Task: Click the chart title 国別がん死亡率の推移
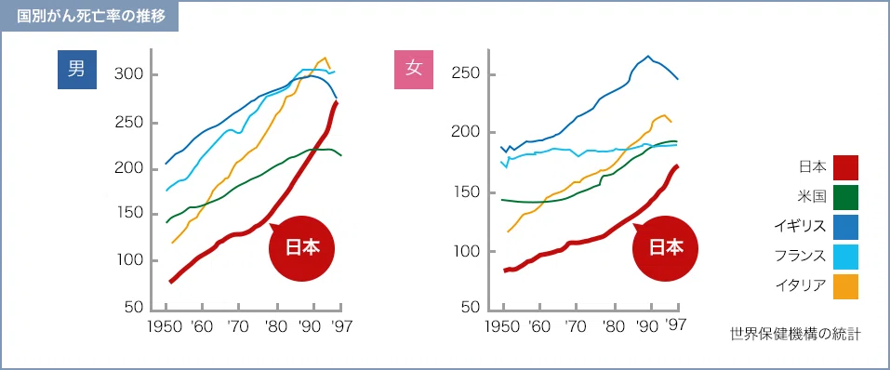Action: (91, 16)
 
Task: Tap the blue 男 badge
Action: (76, 69)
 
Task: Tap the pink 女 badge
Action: (413, 69)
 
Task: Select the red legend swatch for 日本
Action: (845, 167)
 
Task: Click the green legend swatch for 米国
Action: (845, 197)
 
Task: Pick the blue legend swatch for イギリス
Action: (845, 227)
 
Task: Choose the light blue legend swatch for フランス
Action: (845, 257)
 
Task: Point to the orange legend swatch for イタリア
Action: (845, 286)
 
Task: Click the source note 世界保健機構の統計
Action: (795, 335)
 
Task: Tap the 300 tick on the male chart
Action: (127, 75)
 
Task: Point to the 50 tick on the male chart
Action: (132, 308)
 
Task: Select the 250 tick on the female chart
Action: (465, 75)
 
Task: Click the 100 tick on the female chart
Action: (465, 251)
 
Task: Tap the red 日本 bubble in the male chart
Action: (301, 248)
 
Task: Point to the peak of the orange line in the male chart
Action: (325, 58)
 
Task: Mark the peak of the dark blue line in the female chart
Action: (647, 56)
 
